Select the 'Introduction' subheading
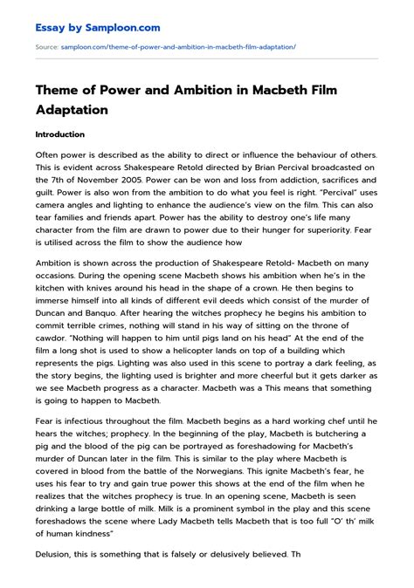[x=59, y=135]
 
